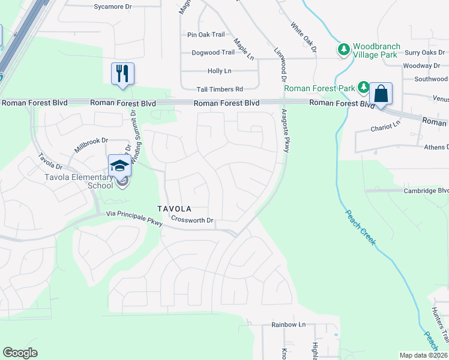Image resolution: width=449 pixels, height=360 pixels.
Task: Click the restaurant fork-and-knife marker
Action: click(122, 74)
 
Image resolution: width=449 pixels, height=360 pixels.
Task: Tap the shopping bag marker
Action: click(381, 94)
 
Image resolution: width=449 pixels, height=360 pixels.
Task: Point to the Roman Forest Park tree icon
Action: click(363, 88)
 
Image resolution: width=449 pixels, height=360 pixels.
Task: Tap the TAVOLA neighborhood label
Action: click(174, 209)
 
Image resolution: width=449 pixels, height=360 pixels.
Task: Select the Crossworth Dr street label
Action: click(192, 220)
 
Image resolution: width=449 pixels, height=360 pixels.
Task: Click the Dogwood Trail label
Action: click(213, 53)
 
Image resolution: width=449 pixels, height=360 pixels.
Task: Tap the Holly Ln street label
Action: click(219, 71)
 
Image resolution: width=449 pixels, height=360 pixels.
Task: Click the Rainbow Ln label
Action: click(288, 325)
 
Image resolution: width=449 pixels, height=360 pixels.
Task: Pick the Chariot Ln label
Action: click(385, 127)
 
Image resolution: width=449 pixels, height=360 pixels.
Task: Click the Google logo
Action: click(20, 353)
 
